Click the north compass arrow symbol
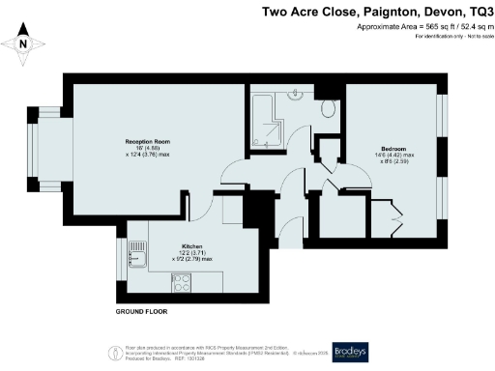click(25, 42)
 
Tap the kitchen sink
click(137, 255)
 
